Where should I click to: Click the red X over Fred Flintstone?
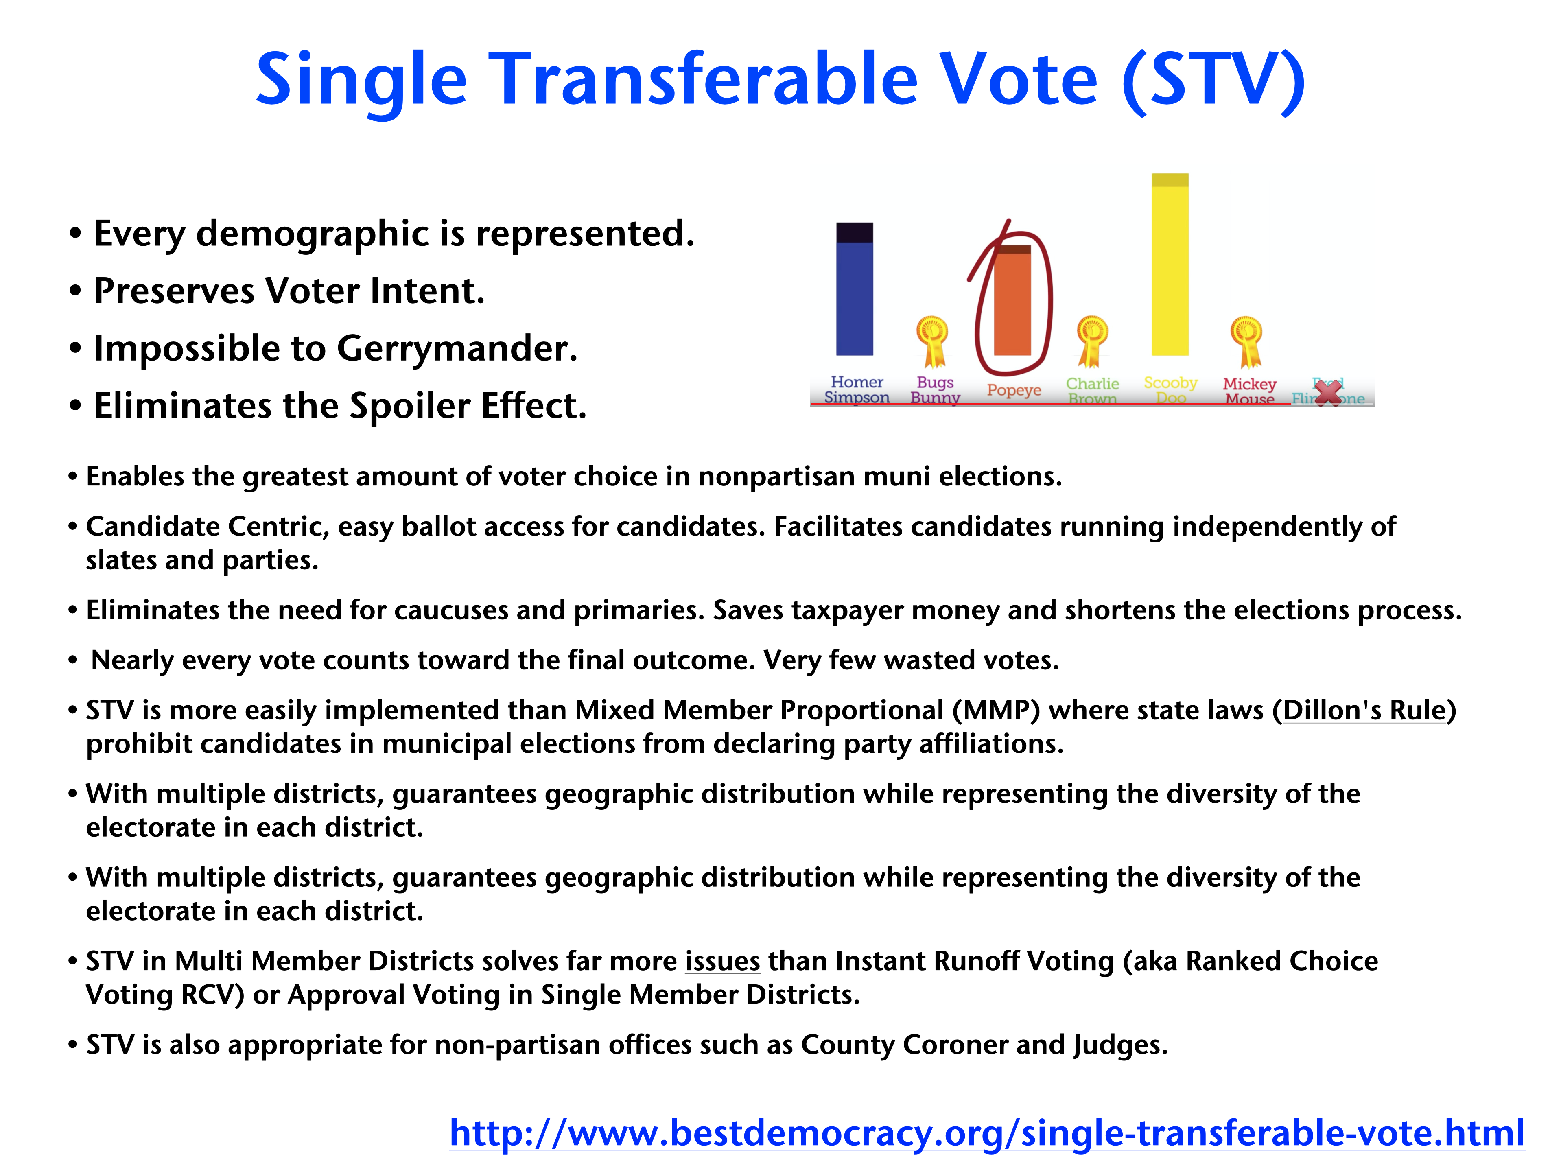coord(1328,392)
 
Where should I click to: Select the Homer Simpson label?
coord(857,389)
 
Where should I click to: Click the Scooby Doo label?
coord(1171,389)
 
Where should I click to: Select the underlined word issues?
coord(723,961)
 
